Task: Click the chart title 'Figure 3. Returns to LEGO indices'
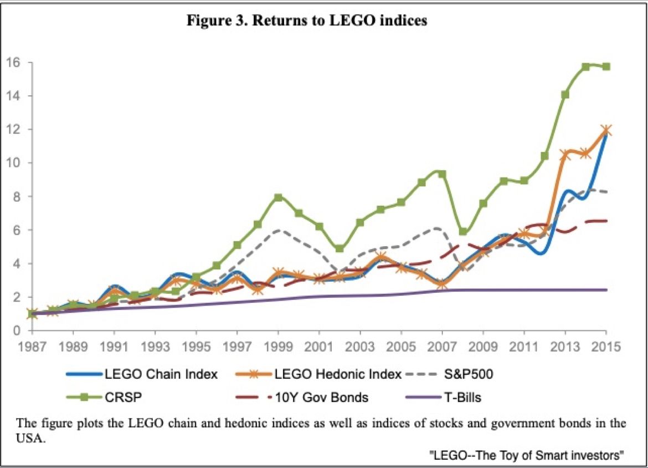coord(307,21)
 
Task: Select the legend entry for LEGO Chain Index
coord(161,374)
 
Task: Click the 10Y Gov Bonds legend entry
coord(322,397)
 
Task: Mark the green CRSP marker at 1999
coord(279,197)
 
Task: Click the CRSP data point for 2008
coord(463,231)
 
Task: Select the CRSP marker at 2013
coord(565,94)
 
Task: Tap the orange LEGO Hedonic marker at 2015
coord(606,130)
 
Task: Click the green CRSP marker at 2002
coord(340,249)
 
